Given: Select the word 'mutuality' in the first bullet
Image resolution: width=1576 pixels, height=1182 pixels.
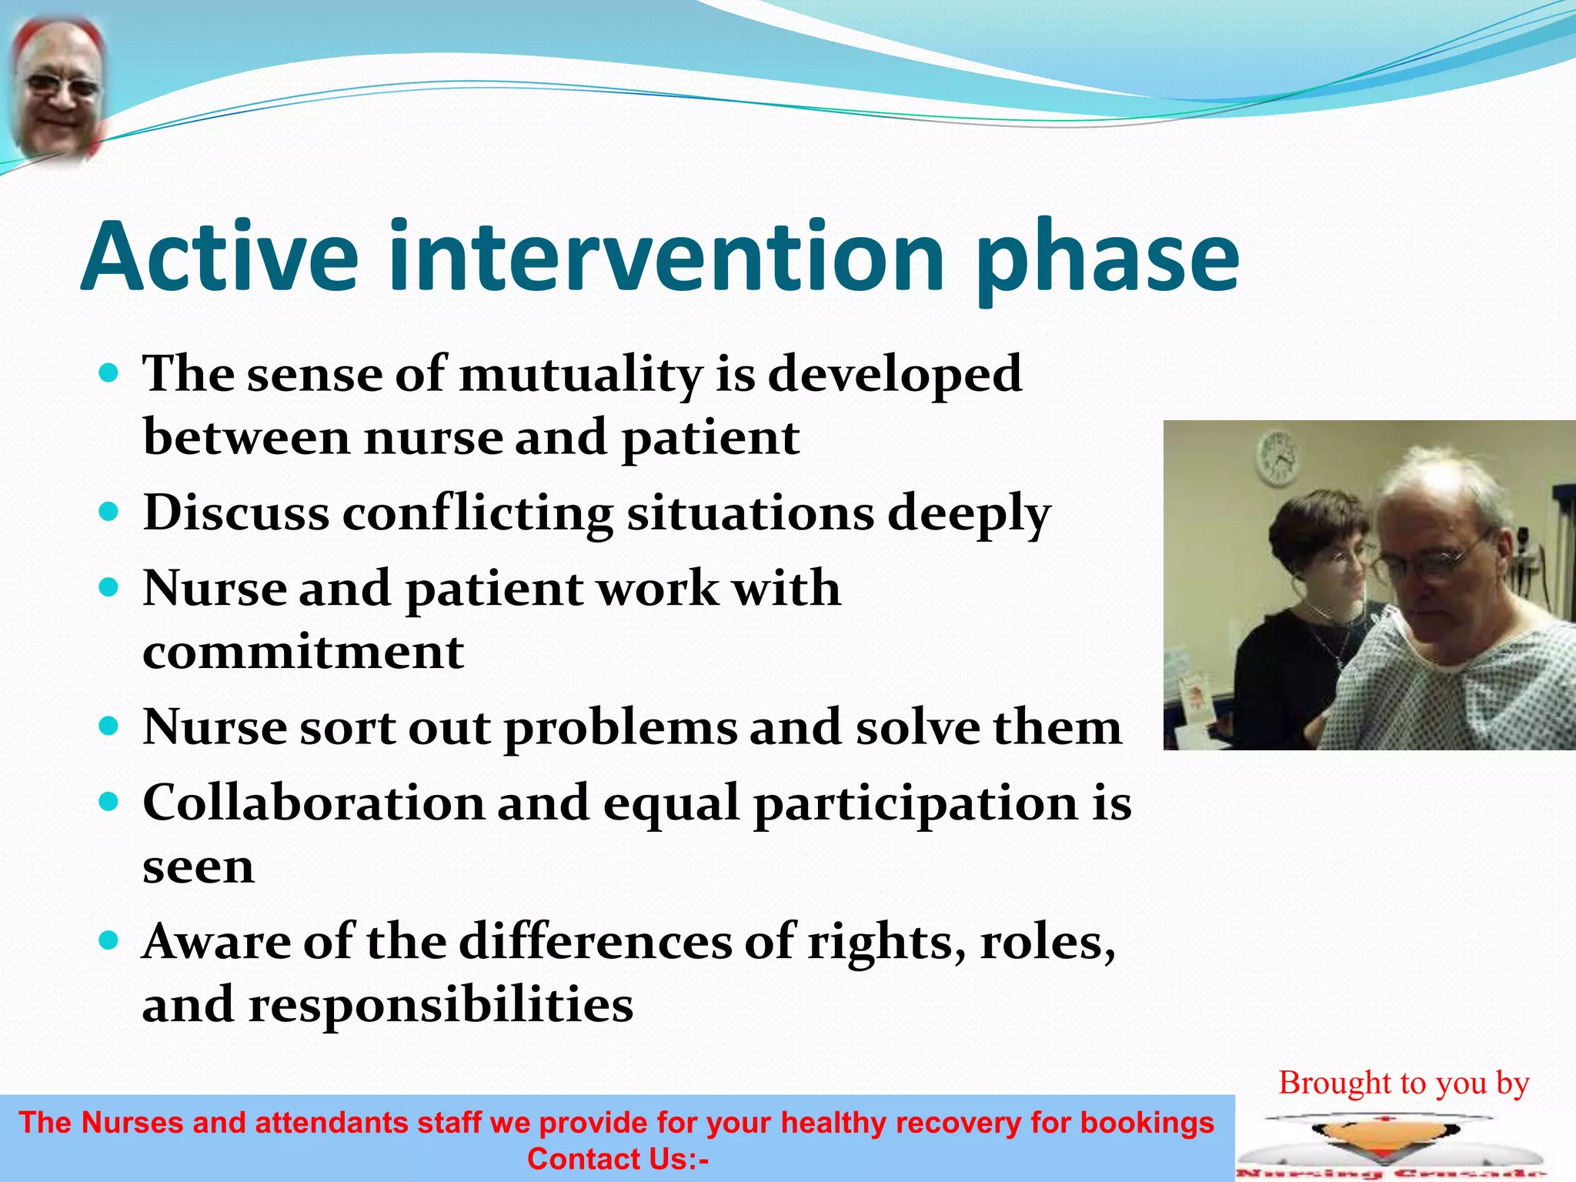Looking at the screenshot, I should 581,375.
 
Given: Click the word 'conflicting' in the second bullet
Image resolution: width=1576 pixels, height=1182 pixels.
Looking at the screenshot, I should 477,513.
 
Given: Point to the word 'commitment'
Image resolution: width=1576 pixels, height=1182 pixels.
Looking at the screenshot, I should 303,653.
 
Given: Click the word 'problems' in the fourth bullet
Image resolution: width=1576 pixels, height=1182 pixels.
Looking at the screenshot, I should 620,728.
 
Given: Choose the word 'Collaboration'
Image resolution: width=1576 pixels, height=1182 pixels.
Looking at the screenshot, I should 313,803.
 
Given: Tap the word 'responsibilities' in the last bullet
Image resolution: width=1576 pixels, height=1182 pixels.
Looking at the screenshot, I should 441,1005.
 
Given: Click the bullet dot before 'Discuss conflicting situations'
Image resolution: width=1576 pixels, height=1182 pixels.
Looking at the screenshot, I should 109,512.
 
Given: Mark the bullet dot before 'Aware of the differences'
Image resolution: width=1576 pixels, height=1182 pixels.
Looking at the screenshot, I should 109,940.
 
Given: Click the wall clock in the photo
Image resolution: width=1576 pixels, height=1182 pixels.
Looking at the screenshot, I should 1277,456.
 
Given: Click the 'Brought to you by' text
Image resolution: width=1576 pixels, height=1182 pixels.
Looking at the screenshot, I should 1404,1083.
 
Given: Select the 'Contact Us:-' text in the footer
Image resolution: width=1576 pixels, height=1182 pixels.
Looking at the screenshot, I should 617,1159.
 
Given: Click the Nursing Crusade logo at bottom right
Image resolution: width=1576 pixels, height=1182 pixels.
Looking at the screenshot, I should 1391,1147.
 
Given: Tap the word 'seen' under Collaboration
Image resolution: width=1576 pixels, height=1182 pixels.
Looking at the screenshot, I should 199,867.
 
